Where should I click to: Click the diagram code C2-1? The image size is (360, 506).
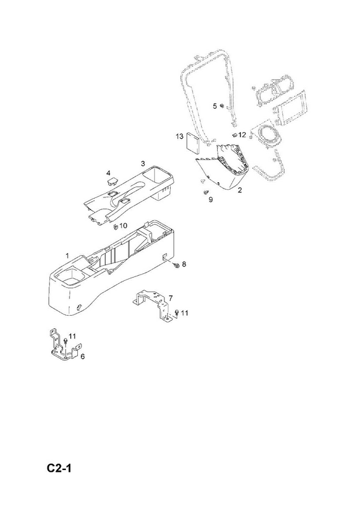(x=59, y=468)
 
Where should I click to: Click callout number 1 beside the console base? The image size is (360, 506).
(x=67, y=256)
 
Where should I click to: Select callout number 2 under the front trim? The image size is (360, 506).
(x=240, y=190)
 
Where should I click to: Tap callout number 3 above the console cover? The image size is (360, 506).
(x=143, y=164)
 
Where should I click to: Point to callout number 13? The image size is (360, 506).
(x=180, y=137)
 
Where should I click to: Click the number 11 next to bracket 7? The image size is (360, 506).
(x=184, y=312)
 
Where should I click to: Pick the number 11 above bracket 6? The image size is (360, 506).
(x=72, y=336)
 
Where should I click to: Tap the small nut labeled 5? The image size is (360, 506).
(x=223, y=106)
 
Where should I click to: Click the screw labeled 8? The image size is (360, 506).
(x=177, y=265)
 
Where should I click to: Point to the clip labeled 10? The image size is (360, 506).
(x=115, y=226)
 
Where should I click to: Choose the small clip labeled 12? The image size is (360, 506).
(x=235, y=134)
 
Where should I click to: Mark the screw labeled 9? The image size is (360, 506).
(x=205, y=192)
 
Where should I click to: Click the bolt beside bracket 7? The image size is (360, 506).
(x=177, y=312)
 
